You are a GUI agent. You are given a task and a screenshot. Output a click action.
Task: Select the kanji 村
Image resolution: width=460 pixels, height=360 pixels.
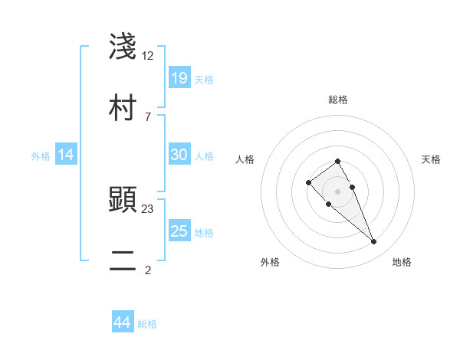(x=123, y=107)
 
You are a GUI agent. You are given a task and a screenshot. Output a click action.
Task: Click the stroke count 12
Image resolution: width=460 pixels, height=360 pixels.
(x=148, y=56)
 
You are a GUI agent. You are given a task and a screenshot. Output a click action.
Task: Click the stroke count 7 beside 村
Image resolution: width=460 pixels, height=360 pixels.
(x=147, y=116)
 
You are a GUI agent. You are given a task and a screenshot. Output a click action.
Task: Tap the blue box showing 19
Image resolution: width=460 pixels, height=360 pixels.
(x=179, y=77)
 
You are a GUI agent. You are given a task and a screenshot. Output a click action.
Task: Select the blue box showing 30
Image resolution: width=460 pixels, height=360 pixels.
(x=179, y=155)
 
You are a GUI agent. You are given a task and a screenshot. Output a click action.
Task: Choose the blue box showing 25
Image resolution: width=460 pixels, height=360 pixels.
(x=179, y=231)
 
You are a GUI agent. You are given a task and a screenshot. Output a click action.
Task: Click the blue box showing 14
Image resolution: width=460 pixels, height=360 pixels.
(x=66, y=155)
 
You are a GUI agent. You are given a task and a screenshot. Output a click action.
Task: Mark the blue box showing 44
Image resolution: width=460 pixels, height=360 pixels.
(x=122, y=322)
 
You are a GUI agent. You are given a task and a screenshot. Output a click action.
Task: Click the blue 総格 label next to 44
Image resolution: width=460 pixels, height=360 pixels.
(x=147, y=324)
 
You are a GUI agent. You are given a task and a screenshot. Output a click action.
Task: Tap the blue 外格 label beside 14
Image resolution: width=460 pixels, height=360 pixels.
(x=41, y=155)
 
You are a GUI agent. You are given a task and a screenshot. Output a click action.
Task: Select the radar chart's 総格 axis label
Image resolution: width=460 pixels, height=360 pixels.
(x=338, y=100)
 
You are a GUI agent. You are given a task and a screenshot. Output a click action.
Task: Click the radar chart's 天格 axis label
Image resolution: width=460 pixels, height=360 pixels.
(x=431, y=159)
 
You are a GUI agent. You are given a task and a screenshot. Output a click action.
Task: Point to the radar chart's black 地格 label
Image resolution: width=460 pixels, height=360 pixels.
(x=402, y=262)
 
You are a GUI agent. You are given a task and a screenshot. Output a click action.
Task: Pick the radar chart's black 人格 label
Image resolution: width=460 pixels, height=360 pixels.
(x=245, y=159)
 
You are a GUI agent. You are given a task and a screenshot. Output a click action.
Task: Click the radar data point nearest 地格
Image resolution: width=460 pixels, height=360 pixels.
(x=373, y=242)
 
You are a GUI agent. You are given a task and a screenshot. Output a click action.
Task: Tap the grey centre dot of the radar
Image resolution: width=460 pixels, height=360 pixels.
(x=338, y=191)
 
